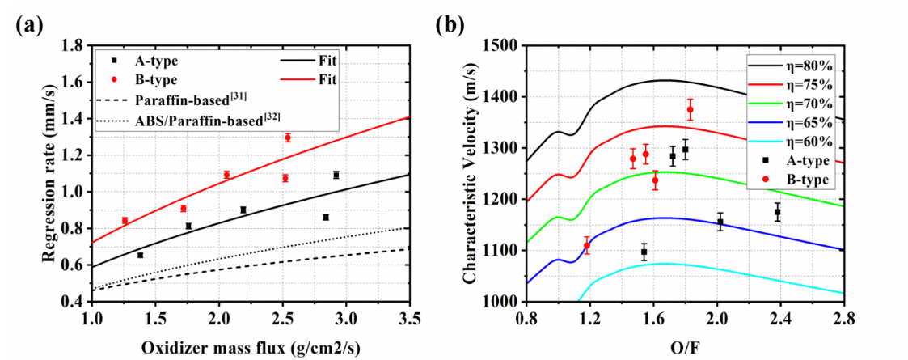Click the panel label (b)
[451, 24]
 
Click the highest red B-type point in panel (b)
[690, 109]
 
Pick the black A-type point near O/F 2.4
[777, 212]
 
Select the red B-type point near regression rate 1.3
[287, 138]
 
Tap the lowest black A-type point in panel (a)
[140, 255]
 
